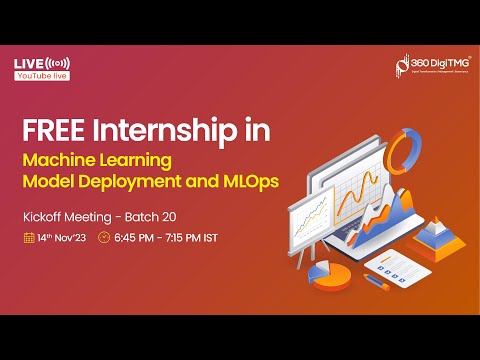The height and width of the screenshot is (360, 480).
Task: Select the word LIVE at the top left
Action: (x=28, y=63)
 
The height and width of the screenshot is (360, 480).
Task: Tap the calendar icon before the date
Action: (x=29, y=238)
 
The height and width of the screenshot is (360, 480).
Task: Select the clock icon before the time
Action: (x=104, y=238)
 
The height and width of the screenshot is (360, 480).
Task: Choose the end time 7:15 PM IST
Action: (x=196, y=238)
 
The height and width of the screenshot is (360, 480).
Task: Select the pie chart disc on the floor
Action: (x=321, y=272)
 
